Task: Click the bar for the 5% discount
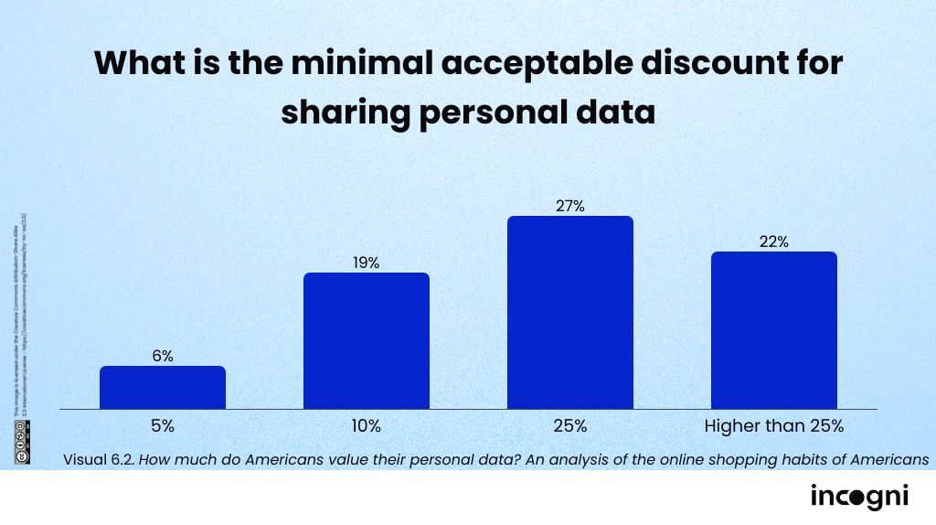(x=163, y=387)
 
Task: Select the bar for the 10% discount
(x=367, y=340)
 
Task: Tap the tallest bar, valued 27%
(x=570, y=312)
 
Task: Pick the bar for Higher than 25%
(x=774, y=330)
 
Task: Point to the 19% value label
(x=367, y=263)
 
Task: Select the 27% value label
(x=570, y=207)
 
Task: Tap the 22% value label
(x=774, y=242)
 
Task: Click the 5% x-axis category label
(x=163, y=426)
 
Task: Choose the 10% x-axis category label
(x=367, y=426)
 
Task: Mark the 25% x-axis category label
(x=570, y=426)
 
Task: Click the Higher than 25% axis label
(x=774, y=426)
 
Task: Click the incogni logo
(x=859, y=497)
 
